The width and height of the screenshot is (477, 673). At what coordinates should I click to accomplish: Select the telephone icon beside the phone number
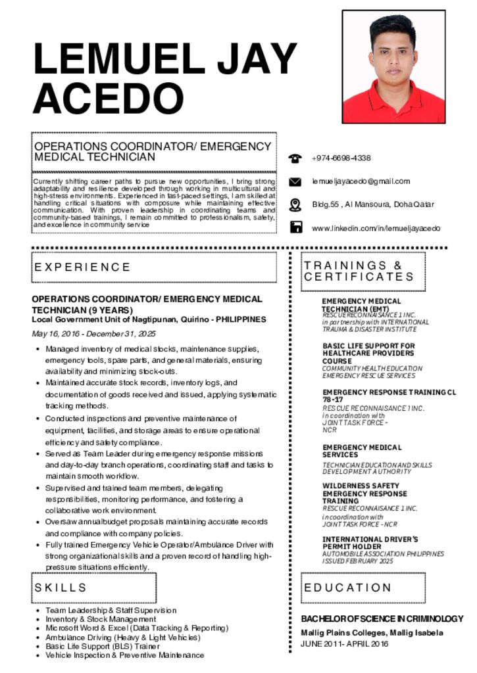(295, 158)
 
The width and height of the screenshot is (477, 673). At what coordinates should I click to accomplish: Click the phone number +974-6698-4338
(341, 158)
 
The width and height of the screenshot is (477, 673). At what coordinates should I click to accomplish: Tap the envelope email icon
(295, 181)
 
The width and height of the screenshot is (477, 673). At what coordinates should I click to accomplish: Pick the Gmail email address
(361, 181)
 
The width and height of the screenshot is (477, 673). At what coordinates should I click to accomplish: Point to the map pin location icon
(295, 204)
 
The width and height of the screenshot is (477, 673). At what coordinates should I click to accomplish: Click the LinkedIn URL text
(376, 228)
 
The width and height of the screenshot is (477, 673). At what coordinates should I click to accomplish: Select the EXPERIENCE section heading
(83, 267)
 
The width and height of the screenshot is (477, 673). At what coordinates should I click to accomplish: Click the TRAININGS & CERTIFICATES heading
(359, 271)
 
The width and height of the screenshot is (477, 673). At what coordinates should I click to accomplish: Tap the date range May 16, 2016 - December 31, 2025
(94, 334)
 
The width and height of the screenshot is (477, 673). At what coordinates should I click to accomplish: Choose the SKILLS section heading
(61, 587)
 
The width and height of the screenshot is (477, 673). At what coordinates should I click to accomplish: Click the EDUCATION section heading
(347, 587)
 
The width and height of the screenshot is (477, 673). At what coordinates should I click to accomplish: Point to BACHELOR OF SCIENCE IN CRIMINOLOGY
(382, 619)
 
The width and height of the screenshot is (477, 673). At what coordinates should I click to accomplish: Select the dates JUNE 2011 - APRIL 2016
(345, 643)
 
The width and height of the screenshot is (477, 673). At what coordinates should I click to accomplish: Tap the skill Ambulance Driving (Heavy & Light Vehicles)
(122, 638)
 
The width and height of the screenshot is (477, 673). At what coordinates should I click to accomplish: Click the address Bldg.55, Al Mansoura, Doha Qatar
(373, 204)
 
